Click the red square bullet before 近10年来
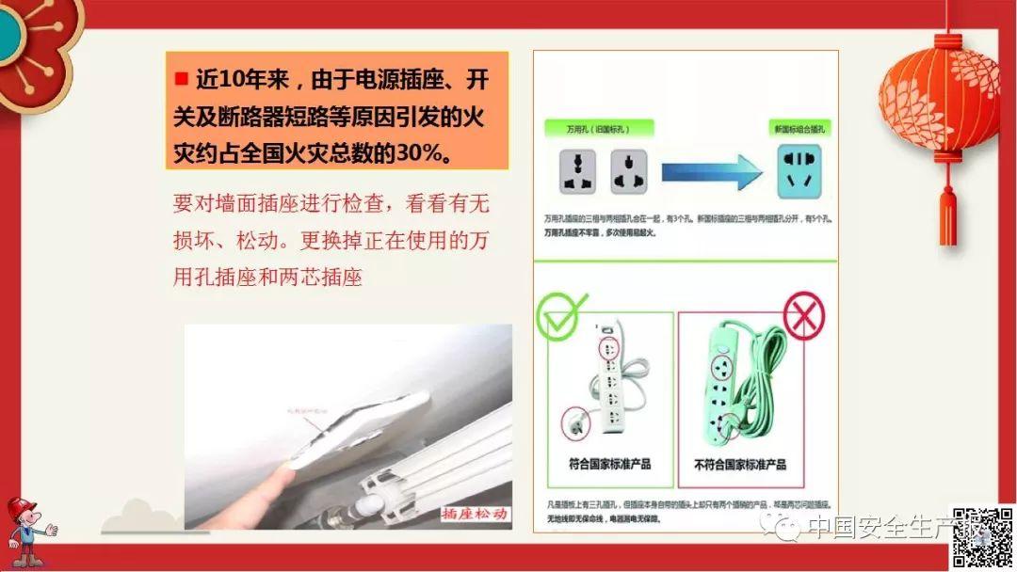pos(182,78)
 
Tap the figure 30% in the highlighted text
pos(421,152)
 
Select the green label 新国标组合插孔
pos(799,128)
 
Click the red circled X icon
pos(803,315)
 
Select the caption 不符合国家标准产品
pos(740,464)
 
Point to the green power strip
pos(733,386)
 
